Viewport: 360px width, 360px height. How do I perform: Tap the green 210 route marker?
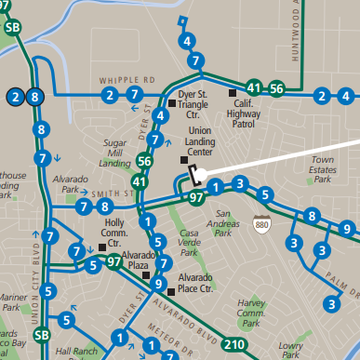235,345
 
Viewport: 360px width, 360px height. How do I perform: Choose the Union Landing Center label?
207,140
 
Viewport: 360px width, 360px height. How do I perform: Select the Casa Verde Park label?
189,244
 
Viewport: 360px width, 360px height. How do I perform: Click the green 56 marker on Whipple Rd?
275,88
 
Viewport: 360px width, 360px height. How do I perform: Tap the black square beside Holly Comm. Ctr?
102,247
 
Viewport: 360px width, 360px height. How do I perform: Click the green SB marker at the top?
13,27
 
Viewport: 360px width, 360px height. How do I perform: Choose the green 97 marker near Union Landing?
195,198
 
